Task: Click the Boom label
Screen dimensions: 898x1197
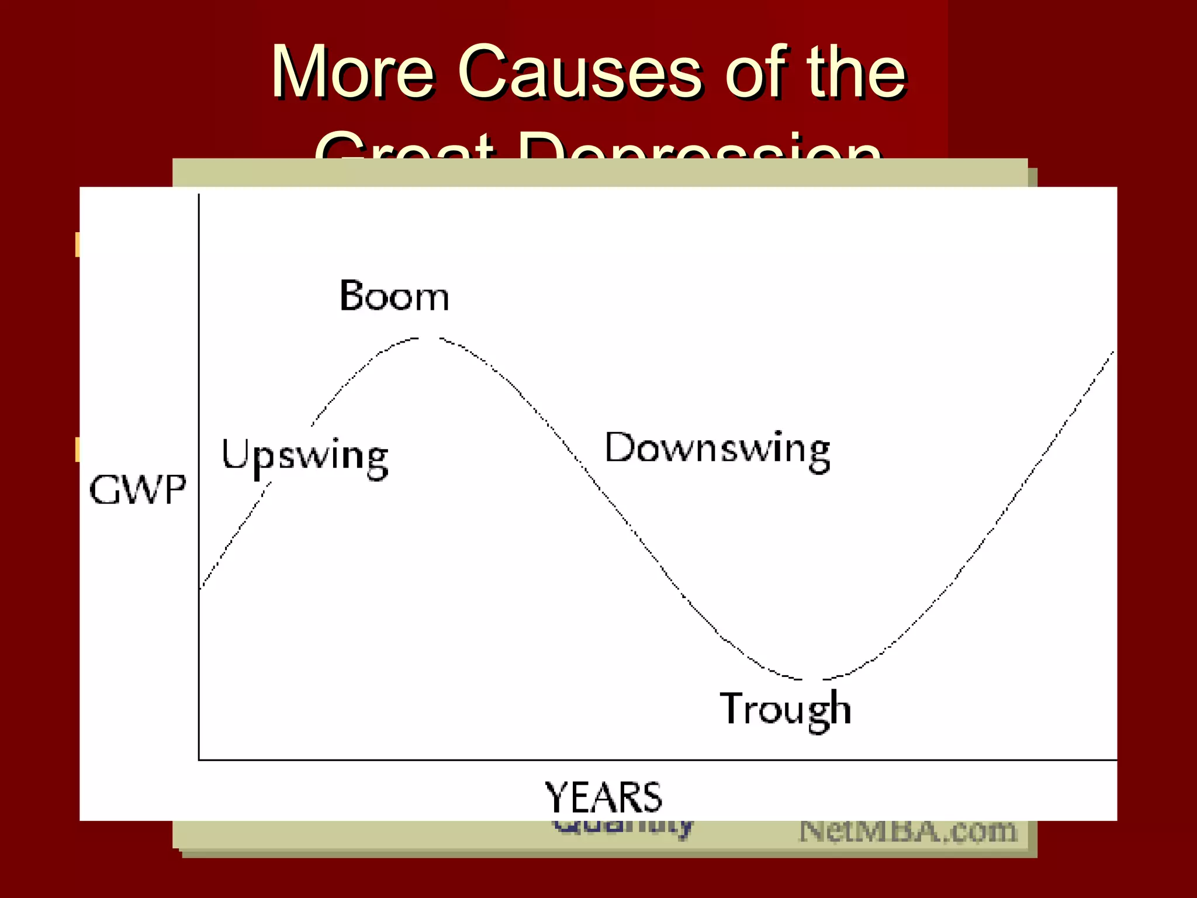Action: (x=395, y=296)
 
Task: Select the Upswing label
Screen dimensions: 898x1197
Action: (x=305, y=457)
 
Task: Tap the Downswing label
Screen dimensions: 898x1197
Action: (x=717, y=450)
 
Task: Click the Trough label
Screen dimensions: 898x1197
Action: (x=785, y=709)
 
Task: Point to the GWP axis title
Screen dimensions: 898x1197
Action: (x=138, y=490)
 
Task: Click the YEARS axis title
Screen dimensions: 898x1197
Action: (x=603, y=797)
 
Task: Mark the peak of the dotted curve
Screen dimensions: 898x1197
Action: (x=428, y=338)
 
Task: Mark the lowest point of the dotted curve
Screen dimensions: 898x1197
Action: (x=812, y=679)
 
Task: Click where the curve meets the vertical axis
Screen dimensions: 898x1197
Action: (x=200, y=588)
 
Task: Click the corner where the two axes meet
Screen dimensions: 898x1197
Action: (x=199, y=759)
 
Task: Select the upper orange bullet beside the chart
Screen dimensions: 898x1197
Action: (x=77, y=244)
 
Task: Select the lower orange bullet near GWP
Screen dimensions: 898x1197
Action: (x=77, y=449)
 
